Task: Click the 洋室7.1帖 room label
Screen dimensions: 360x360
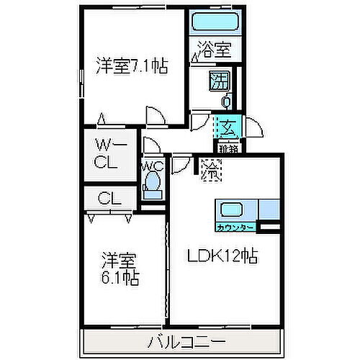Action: click(132, 66)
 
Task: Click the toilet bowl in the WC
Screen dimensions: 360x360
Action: click(152, 186)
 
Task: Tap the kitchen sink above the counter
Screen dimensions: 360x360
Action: click(232, 211)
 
